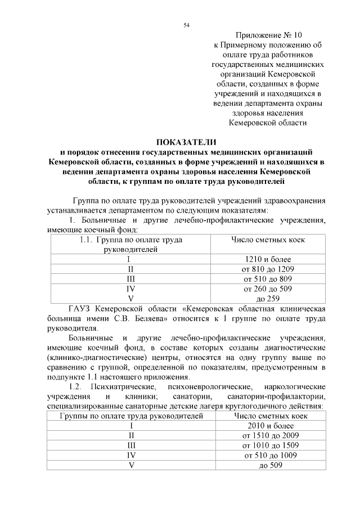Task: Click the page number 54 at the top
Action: click(186, 25)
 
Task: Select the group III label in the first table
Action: click(130, 278)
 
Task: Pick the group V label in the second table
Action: click(131, 465)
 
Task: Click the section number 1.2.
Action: click(75, 387)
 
